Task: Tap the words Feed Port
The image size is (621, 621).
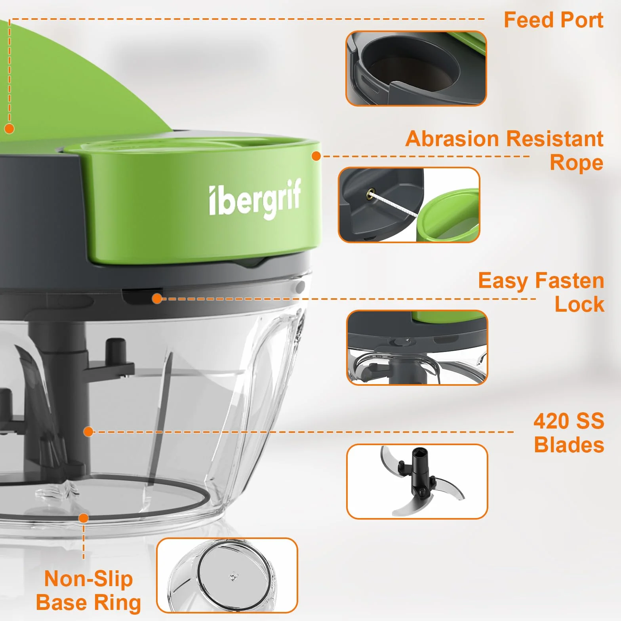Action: (554, 20)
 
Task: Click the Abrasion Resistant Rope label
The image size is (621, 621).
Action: (505, 151)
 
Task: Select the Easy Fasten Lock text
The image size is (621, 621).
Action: (541, 292)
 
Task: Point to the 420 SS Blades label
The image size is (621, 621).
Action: (569, 433)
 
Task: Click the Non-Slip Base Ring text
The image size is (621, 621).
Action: (88, 591)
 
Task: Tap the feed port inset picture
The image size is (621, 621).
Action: (416, 69)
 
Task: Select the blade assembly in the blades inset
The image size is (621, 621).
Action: (422, 481)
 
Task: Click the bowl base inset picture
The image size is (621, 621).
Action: (227, 575)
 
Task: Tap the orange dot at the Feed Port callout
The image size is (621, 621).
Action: (10, 129)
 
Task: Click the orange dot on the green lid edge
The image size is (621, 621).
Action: (316, 156)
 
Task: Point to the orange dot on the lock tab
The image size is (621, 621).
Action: (157, 299)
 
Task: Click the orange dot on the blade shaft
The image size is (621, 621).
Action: (88, 432)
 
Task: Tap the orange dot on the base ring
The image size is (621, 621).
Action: (84, 518)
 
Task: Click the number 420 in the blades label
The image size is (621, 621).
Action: (551, 421)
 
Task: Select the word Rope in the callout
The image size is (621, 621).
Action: (577, 163)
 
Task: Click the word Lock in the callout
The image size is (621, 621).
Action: (579, 304)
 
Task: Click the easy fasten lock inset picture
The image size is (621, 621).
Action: (417, 347)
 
